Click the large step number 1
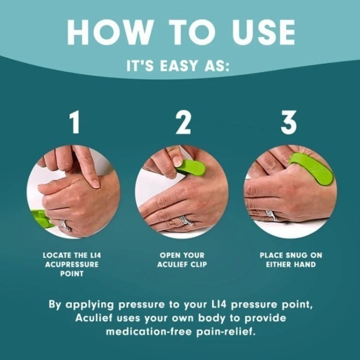(75, 123)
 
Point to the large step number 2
(183, 123)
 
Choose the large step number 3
(289, 123)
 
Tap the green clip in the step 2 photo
(191, 167)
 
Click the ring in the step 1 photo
(65, 225)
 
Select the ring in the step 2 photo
(186, 221)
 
